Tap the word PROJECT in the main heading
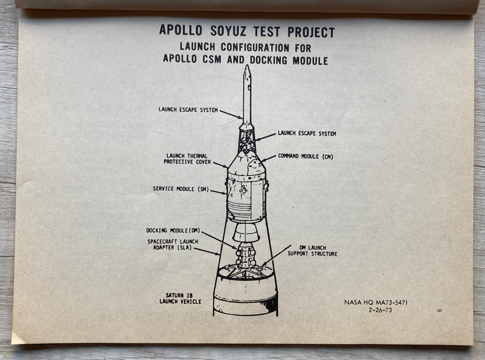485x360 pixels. click(311, 32)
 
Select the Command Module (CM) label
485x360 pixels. click(306, 156)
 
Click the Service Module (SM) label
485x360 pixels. click(181, 189)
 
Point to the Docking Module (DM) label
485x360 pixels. click(173, 231)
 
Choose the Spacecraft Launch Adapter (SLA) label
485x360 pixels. click(173, 245)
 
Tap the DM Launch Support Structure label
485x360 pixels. click(313, 251)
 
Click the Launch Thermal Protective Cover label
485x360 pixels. click(187, 159)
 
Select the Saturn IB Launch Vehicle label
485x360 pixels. click(180, 299)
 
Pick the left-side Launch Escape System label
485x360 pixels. click(188, 110)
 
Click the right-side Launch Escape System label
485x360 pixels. click(307, 133)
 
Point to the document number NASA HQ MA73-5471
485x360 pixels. click(376, 303)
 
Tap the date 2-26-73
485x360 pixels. click(380, 310)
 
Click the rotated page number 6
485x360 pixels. click(439, 310)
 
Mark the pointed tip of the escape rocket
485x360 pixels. click(247, 65)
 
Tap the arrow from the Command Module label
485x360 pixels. click(269, 159)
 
